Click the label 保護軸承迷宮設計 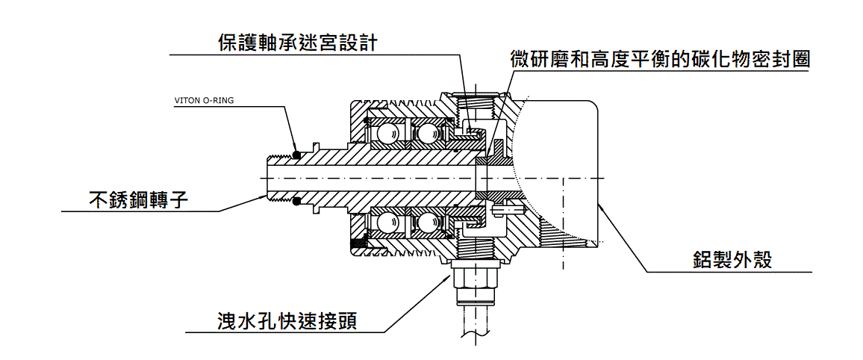(x=297, y=42)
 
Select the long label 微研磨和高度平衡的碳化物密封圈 (x=660, y=60)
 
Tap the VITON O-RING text (x=204, y=100)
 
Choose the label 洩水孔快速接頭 (x=283, y=321)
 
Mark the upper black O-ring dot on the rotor (x=296, y=155)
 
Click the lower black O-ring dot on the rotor (x=296, y=199)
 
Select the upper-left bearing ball (x=387, y=133)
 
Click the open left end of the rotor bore (x=267, y=178)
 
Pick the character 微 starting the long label (x=520, y=60)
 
